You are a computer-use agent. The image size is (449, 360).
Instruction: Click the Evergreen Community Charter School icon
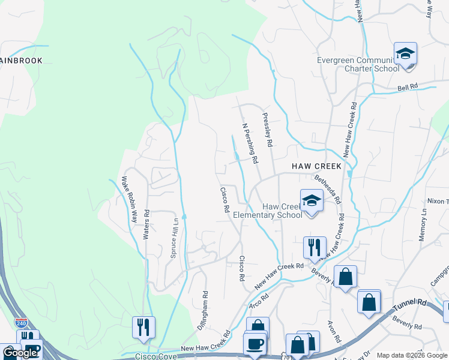tap(405, 55)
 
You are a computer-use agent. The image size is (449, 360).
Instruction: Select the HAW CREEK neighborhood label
tap(316, 166)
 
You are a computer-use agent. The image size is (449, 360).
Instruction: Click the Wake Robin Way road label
tap(130, 200)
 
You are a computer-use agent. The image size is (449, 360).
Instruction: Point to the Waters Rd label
tap(146, 225)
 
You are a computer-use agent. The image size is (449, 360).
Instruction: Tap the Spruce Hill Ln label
tap(175, 233)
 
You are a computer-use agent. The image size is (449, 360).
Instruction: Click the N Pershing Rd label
tap(249, 144)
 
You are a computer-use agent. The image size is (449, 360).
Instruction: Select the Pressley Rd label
tap(267, 130)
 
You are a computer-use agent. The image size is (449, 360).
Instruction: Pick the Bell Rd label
tap(408, 88)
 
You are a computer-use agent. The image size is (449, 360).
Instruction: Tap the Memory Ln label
tap(423, 226)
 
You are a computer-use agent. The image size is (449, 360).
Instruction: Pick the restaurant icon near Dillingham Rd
tap(143, 327)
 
